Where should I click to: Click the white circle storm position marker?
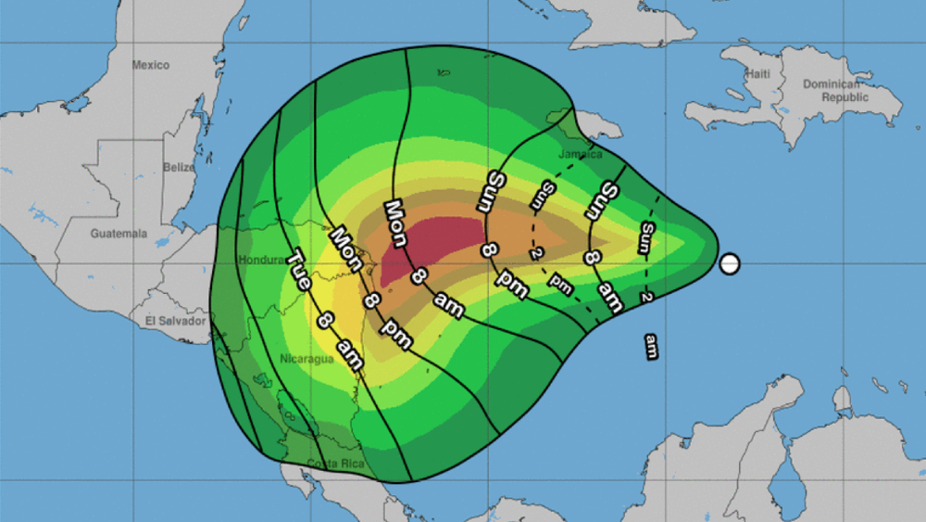[730, 264]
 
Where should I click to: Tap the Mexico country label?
[150, 65]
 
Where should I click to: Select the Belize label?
[178, 168]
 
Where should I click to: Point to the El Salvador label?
[174, 321]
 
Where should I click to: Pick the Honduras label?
[260, 261]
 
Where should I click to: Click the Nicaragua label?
[306, 359]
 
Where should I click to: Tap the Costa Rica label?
[338, 463]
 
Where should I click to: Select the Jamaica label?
[581, 154]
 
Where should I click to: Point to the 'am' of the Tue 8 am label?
[349, 352]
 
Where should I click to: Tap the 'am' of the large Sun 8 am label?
[608, 296]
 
